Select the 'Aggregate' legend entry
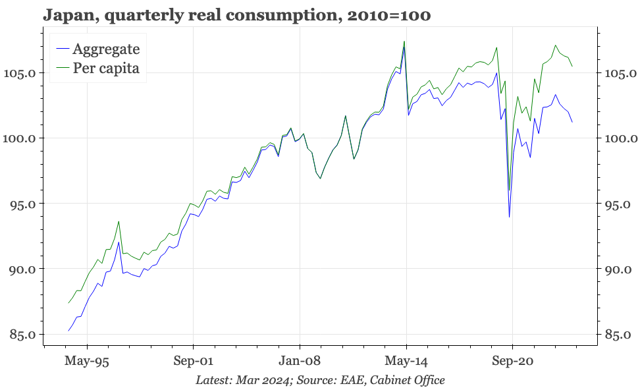(x=105, y=49)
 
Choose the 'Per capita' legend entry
(x=105, y=68)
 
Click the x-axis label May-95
(x=87, y=361)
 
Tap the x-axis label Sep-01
(x=193, y=361)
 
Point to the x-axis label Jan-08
(x=300, y=361)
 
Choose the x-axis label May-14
(x=406, y=361)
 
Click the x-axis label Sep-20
(x=512, y=361)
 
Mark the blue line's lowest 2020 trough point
(x=509, y=217)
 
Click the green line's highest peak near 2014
(x=404, y=42)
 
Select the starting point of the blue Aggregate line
(x=68, y=331)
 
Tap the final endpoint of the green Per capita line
(x=572, y=67)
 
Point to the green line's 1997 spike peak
(x=119, y=221)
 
